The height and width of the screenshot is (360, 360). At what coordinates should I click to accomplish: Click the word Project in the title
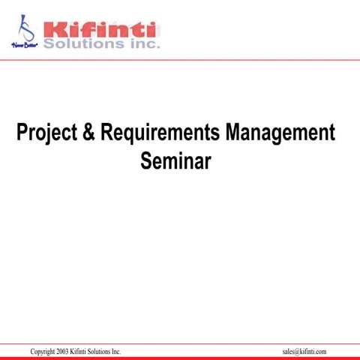point(45,134)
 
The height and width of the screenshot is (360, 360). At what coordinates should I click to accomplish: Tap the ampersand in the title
point(87,133)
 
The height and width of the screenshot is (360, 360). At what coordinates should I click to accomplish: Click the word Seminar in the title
point(175,160)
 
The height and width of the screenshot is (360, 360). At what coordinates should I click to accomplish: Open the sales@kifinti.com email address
point(304,352)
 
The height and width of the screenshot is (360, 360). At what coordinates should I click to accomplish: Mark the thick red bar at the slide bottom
point(180,358)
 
